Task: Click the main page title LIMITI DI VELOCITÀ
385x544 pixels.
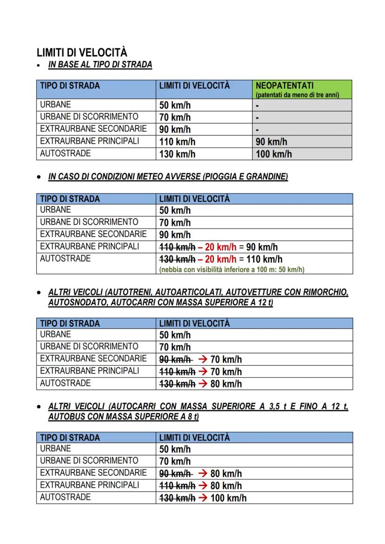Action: [82, 52]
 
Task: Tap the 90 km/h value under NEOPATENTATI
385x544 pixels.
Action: [272, 142]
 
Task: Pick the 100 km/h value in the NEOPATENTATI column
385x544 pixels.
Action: [274, 154]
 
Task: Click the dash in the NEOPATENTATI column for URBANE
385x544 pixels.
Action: [258, 105]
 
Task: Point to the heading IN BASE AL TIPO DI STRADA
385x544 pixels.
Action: [100, 65]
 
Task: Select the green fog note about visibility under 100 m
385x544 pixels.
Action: [232, 269]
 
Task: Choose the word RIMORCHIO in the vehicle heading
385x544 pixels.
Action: [325, 292]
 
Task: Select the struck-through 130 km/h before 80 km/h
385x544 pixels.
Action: [177, 384]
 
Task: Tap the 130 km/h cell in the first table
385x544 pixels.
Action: [177, 154]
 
